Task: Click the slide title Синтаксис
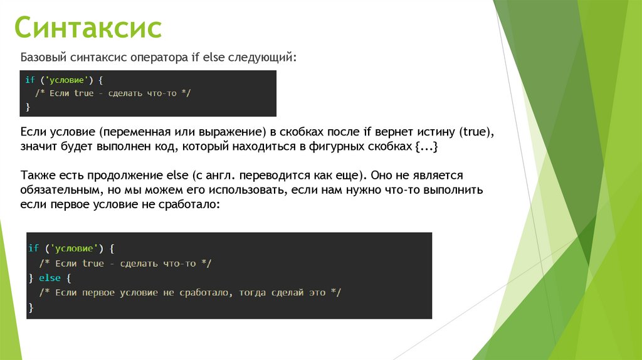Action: point(88,29)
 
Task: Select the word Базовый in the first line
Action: point(42,58)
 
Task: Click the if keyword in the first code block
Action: point(29,80)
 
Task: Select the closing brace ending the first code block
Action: point(28,107)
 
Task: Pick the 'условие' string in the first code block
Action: point(66,80)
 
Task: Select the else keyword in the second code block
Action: point(50,277)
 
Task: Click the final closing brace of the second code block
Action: point(31,307)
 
